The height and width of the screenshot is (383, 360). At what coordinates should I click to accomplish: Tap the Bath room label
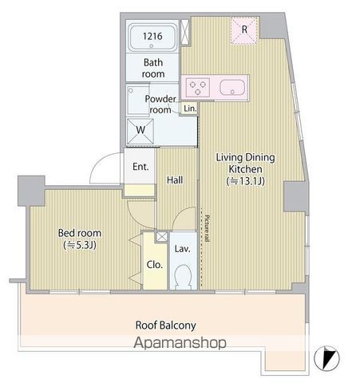[153, 67]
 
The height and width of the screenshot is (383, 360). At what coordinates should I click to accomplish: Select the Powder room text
[160, 104]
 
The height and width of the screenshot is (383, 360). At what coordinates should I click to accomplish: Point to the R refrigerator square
[244, 30]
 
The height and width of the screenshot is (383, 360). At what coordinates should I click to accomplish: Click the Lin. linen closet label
[189, 109]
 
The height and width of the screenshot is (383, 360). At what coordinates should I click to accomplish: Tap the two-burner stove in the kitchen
[196, 85]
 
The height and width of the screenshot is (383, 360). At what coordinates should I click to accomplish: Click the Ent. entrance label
[140, 168]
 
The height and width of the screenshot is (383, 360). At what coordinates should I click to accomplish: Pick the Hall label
[175, 180]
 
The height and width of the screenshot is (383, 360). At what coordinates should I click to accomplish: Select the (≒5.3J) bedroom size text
[77, 246]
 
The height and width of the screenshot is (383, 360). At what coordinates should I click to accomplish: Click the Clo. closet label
[152, 266]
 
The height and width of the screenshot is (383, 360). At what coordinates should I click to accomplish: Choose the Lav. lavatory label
[183, 249]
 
